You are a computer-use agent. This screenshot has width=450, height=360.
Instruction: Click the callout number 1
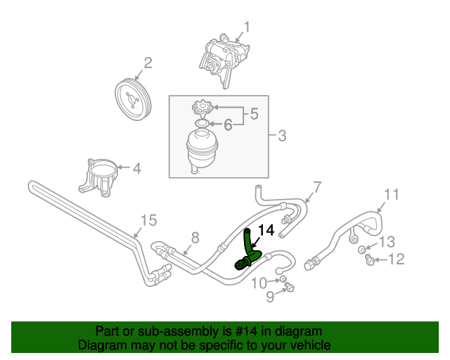247,27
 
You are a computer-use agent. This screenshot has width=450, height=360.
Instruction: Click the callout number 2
148,64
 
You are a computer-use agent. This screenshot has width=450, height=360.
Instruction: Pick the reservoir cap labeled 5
202,109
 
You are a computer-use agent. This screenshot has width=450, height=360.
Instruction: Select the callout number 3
281,135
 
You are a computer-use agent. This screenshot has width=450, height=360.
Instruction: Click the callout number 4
136,169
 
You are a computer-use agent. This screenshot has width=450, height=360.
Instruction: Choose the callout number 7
316,187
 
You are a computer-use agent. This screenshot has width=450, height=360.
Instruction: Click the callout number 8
195,237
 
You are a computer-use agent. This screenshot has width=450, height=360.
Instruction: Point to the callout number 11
392,194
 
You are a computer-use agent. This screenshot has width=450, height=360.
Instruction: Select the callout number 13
387,243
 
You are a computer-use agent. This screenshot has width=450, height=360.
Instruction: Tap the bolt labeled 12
368,261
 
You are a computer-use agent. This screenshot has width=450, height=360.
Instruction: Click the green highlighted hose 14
250,250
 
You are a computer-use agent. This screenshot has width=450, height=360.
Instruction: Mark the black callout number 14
266,230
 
